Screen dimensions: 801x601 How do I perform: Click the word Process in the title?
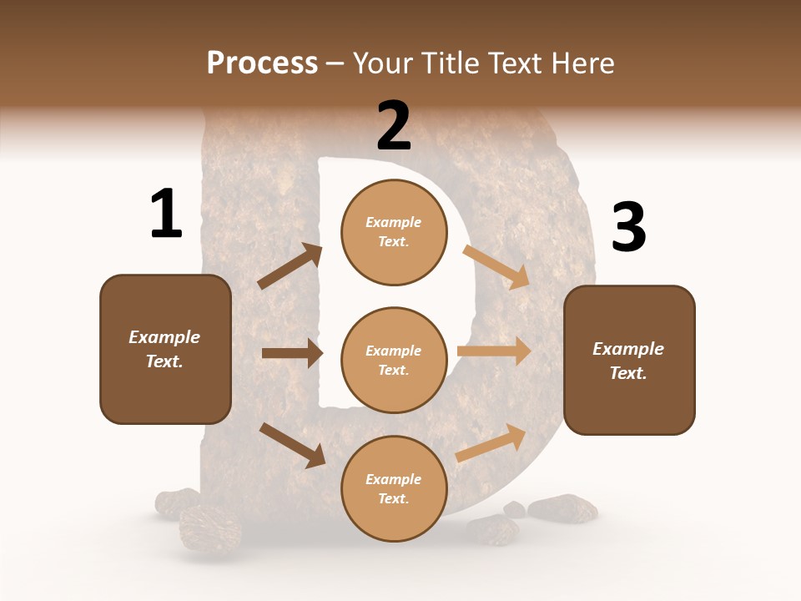(x=262, y=63)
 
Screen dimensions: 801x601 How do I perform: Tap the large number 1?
(x=166, y=214)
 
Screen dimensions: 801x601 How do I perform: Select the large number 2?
(x=394, y=125)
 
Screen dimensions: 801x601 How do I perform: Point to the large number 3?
(x=628, y=228)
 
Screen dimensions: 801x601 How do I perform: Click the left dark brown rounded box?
(x=165, y=349)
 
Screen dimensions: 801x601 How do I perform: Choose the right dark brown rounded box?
(x=629, y=360)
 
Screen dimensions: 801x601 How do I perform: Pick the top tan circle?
(x=394, y=232)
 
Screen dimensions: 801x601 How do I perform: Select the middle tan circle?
(x=394, y=360)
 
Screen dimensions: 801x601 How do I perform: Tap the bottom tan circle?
(x=394, y=488)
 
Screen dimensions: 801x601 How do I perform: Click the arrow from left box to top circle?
(x=290, y=266)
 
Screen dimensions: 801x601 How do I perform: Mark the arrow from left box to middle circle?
(x=292, y=353)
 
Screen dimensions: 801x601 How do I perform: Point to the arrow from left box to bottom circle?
(x=293, y=444)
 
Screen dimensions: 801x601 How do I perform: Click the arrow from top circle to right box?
(x=496, y=266)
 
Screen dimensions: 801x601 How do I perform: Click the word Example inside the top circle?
(x=394, y=222)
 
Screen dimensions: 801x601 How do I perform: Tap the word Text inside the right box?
(x=628, y=373)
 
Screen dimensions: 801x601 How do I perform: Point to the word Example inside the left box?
(x=164, y=337)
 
